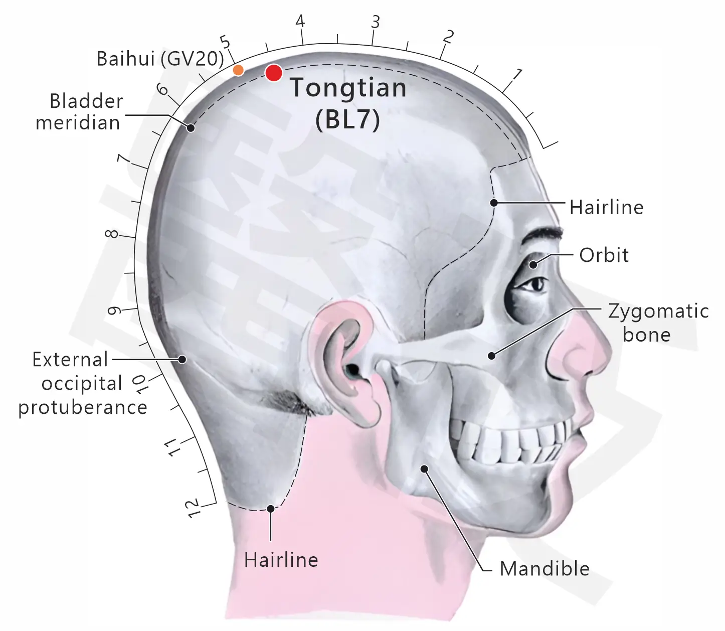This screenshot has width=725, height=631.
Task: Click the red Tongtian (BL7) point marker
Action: click(x=274, y=73)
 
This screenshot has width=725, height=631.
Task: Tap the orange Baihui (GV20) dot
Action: click(x=239, y=70)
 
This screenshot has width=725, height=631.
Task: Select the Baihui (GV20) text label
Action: click(x=160, y=59)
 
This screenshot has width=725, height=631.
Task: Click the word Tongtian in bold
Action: click(x=348, y=88)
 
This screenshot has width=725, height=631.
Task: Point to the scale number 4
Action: click(x=300, y=21)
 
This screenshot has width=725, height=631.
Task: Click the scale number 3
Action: click(x=376, y=22)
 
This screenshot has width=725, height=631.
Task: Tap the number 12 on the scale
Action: click(x=194, y=509)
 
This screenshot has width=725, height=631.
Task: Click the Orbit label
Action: click(x=604, y=255)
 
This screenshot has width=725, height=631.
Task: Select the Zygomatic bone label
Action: click(x=658, y=323)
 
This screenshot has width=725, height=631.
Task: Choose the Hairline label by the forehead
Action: click(x=606, y=207)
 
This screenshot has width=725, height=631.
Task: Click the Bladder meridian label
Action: click(x=79, y=112)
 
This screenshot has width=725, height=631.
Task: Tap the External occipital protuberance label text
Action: click(x=83, y=384)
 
